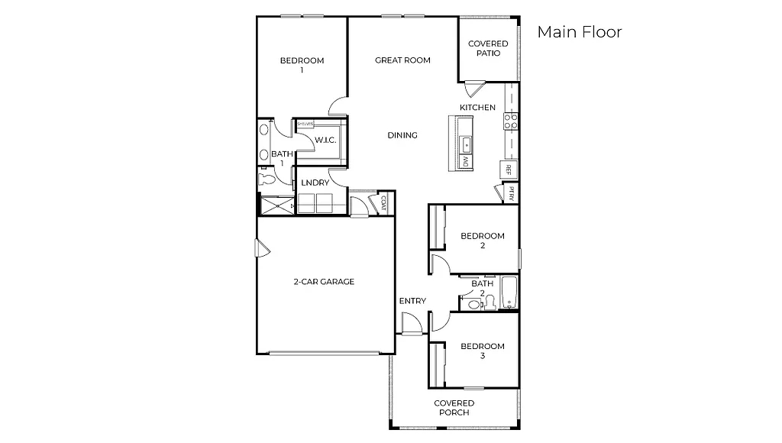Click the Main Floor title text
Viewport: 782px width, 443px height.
point(579,32)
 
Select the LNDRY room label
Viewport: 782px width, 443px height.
point(315,183)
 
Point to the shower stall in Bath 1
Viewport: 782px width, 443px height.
point(276,205)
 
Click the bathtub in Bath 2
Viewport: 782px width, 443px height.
point(509,295)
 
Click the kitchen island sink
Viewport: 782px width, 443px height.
point(466,143)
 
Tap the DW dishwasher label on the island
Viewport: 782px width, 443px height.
point(465,162)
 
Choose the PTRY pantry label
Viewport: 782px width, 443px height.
point(511,193)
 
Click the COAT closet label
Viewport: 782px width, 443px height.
point(382,202)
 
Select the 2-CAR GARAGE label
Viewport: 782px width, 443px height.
point(324,282)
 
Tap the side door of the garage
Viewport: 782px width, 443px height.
point(261,248)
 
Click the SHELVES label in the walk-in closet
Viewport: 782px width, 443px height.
point(305,122)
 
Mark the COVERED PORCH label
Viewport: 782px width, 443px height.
point(454,408)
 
